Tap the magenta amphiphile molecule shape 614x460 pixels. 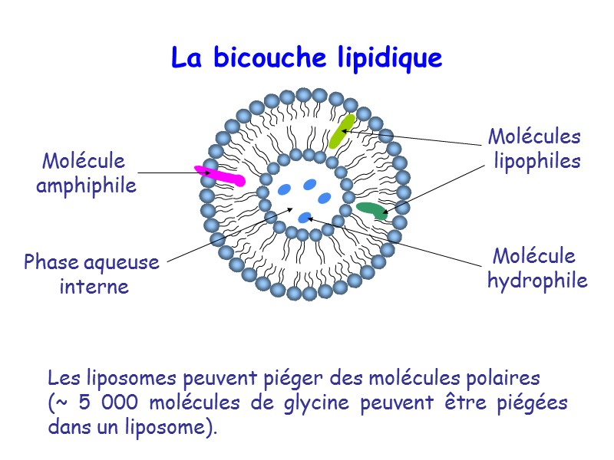point(220,176)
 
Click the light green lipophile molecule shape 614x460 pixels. point(341,131)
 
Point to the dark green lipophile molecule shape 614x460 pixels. point(371,210)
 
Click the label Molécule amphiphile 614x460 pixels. point(86,173)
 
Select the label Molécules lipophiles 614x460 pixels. point(535,149)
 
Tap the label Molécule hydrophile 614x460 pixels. point(536,268)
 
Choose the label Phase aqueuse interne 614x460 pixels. point(92,274)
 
